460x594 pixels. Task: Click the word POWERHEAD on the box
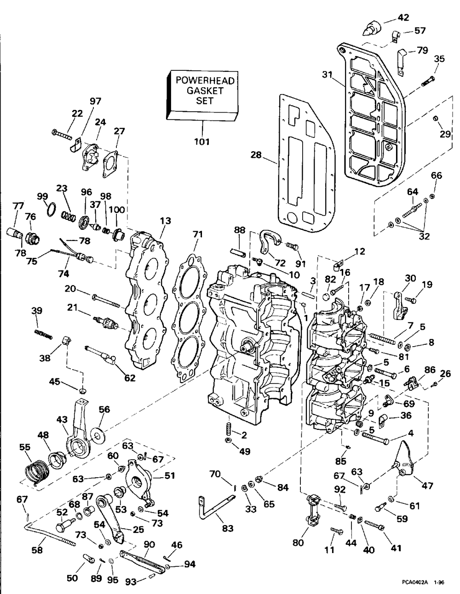(x=205, y=80)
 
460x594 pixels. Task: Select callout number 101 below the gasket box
(x=201, y=142)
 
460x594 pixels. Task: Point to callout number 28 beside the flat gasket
(x=256, y=155)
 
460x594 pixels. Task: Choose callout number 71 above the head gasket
(x=197, y=234)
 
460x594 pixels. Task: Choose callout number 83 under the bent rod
(x=227, y=529)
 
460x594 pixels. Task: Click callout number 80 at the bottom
(x=298, y=542)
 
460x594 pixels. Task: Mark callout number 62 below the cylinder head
(x=130, y=378)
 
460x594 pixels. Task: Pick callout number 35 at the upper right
(x=439, y=58)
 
